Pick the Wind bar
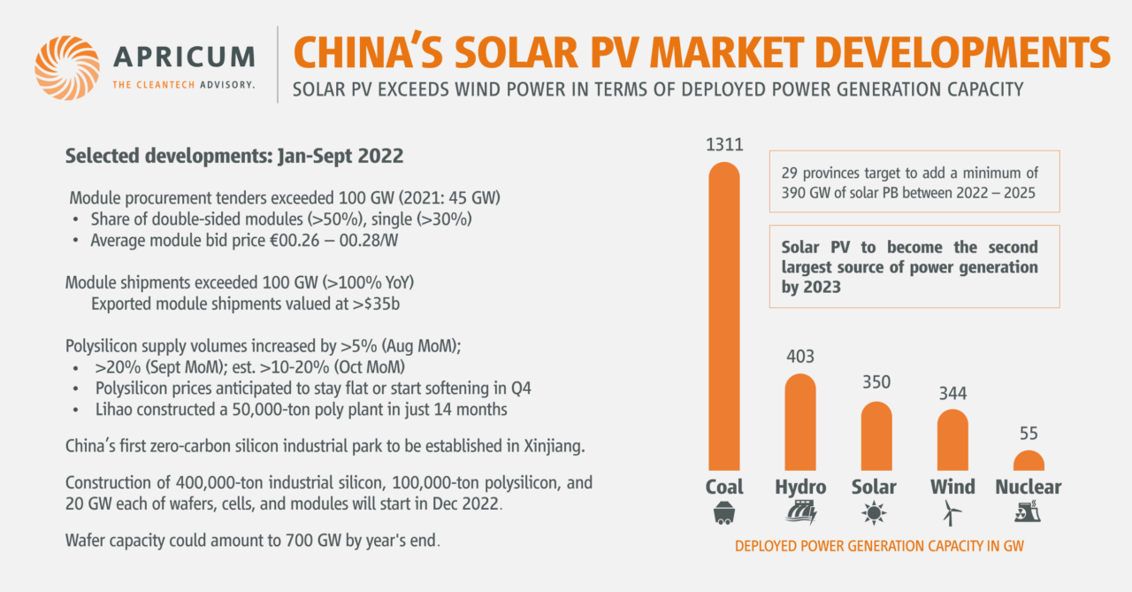[x=952, y=440]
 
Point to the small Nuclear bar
[x=1029, y=461]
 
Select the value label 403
[x=800, y=358]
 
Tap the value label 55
[x=1029, y=434]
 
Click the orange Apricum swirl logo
[x=67, y=67]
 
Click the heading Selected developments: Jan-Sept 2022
[x=234, y=156]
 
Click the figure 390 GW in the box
[x=799, y=193]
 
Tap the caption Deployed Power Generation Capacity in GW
[x=879, y=547]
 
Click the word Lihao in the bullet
[x=115, y=411]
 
